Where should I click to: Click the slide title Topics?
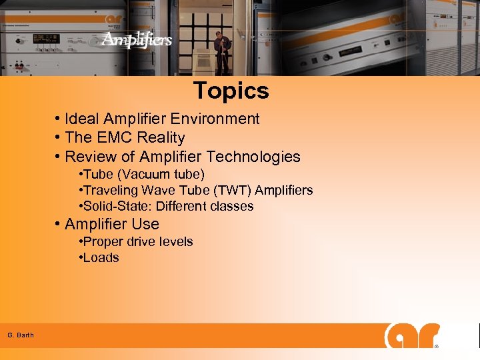pyautogui.click(x=231, y=91)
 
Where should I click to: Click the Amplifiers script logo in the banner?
pyautogui.click(x=137, y=40)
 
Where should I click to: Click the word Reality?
pyautogui.click(x=162, y=138)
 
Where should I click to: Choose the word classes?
pyautogui.click(x=232, y=207)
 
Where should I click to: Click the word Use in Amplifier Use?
pyautogui.click(x=145, y=224)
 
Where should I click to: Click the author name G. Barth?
pyautogui.click(x=21, y=335)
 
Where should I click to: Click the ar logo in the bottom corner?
pyautogui.click(x=412, y=336)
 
